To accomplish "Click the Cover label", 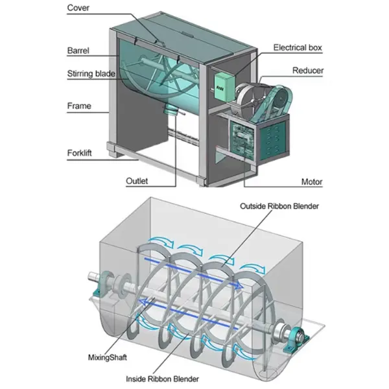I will (78, 9).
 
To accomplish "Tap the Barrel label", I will (78, 49).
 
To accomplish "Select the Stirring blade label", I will (91, 73).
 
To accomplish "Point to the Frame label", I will (79, 106).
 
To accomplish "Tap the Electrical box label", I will (298, 47).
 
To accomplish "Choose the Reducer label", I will (308, 70).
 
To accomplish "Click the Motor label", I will (312, 182).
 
